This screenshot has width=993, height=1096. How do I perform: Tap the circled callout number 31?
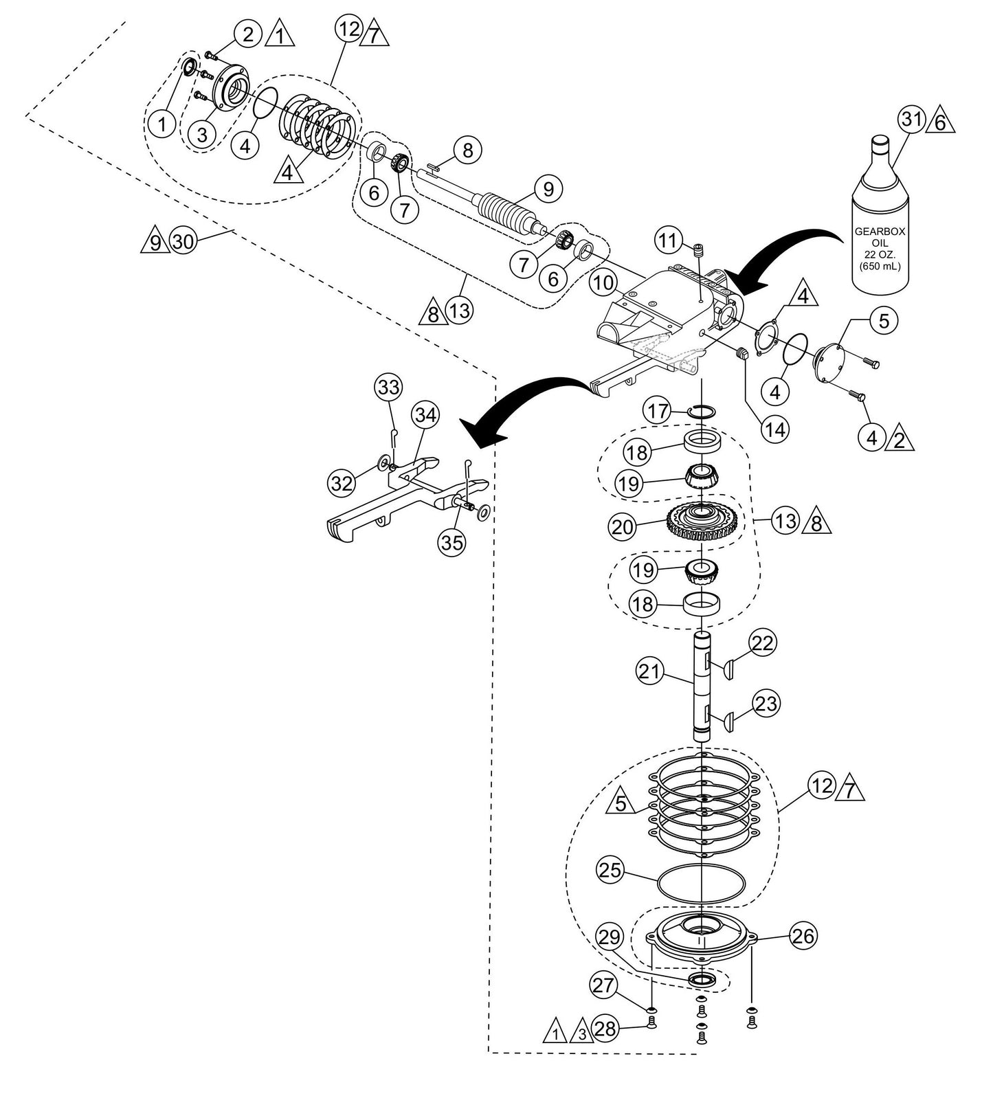coord(911,121)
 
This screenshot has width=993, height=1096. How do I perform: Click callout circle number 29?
coord(610,937)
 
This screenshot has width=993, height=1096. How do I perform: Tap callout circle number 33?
coord(389,388)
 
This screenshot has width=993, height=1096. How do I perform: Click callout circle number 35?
coord(452,543)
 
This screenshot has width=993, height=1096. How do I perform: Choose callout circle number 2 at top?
coord(247,32)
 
